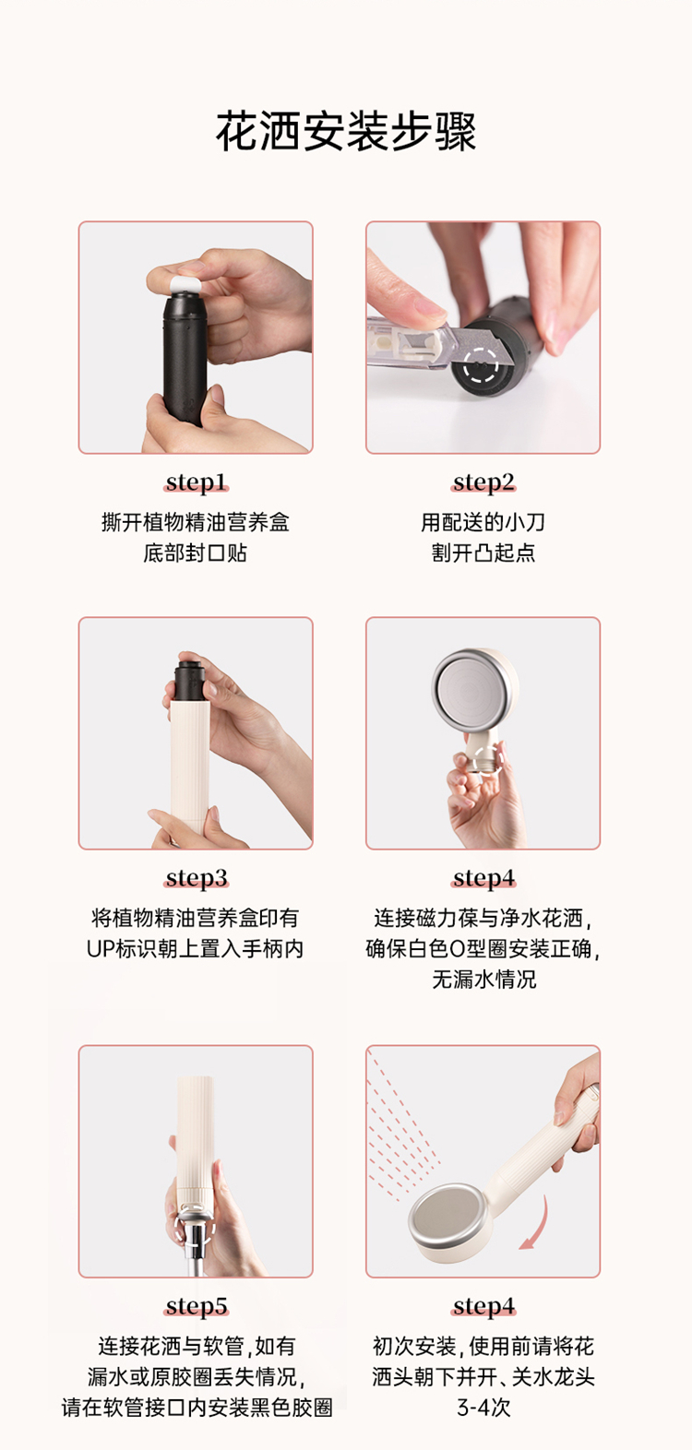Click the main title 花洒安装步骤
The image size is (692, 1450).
tap(346, 132)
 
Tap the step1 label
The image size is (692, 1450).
tap(197, 482)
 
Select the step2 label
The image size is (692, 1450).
tap(483, 482)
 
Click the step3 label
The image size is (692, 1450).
tap(197, 878)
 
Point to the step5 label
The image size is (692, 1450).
tap(197, 1306)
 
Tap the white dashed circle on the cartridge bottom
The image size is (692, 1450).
tap(481, 367)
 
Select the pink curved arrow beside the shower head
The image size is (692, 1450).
tap(537, 1223)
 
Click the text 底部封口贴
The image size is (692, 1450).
tap(196, 553)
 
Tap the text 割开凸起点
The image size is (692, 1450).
tap(483, 553)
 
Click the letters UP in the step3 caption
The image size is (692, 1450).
tap(101, 948)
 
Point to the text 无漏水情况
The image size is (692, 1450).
tap(483, 979)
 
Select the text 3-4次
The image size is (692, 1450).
tap(483, 1408)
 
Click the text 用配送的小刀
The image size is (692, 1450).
tap(483, 522)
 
